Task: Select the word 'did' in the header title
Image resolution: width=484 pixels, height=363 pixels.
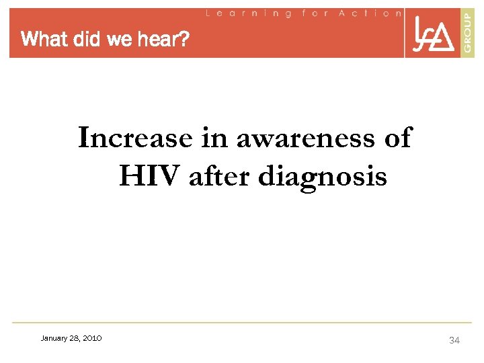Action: [85, 40]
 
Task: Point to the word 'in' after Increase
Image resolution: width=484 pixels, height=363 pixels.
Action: [210, 138]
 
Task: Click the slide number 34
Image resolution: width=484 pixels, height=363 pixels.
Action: [454, 341]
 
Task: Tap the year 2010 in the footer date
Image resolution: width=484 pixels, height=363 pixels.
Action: [92, 339]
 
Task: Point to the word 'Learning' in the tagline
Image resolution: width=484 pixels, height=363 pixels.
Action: [248, 13]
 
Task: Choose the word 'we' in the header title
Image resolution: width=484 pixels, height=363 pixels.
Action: [120, 40]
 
